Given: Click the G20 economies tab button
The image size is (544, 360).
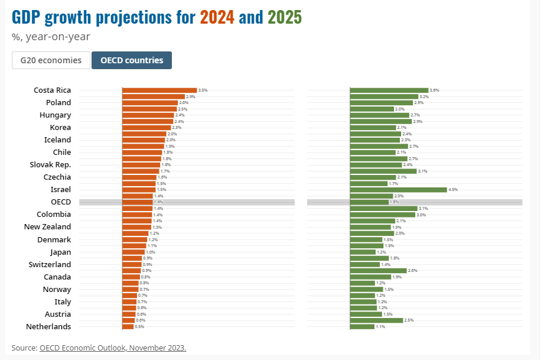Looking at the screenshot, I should (51, 60).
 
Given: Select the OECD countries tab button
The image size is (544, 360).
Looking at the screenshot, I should (132, 60).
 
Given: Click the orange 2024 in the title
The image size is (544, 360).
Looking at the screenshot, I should (217, 18).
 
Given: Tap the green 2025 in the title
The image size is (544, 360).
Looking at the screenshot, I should (284, 18).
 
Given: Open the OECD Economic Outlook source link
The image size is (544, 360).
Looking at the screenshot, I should (113, 348).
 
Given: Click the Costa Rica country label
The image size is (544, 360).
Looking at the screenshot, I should (52, 90).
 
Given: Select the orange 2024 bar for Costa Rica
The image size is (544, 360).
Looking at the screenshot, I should (159, 90).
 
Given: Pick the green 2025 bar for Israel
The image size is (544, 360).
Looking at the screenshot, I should (398, 190).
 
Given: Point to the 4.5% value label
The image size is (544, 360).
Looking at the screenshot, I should (454, 190).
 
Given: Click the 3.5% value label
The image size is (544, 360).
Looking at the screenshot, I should (203, 90).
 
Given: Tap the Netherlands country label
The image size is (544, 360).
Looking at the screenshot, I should (48, 326).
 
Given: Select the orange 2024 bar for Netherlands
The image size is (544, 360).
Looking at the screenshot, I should (128, 326).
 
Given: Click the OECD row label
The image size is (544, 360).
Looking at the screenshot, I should (61, 202).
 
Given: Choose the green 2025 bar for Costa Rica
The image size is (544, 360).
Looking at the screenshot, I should (389, 90).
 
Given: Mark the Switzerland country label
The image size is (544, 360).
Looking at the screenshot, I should (50, 264).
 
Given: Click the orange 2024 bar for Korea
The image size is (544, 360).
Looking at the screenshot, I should (146, 128).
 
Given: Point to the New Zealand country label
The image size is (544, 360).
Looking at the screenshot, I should (47, 227).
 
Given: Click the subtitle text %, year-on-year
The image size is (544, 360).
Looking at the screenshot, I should (51, 37).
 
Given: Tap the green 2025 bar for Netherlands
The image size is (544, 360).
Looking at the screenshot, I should (363, 326).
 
